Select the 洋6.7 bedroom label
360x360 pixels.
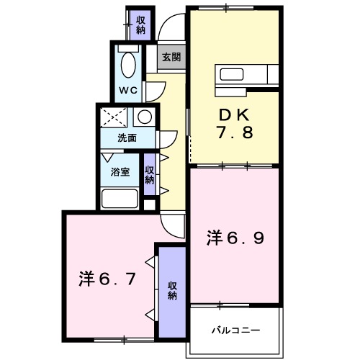(x=107, y=278)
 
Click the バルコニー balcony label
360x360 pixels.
(x=235, y=330)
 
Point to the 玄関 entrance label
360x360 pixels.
(x=171, y=57)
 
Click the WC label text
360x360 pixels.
(x=128, y=90)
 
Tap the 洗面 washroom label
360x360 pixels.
(x=128, y=138)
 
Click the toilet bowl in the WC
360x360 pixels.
(x=129, y=65)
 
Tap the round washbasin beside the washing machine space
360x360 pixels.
(x=144, y=117)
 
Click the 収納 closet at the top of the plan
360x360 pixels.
(x=140, y=24)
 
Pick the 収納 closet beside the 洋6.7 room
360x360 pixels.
(x=173, y=289)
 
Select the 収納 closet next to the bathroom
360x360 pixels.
(x=149, y=175)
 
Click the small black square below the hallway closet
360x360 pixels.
(x=149, y=204)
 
